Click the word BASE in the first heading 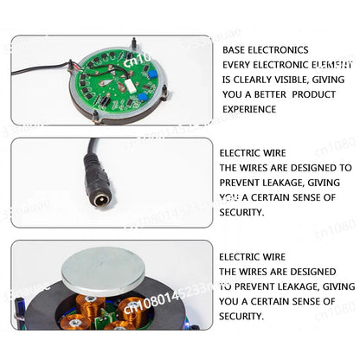[x=234, y=50]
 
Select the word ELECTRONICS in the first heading [x=278, y=50]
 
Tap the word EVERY [x=235, y=65]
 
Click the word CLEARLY [x=253, y=80]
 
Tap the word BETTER [x=267, y=94]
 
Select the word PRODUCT [x=314, y=94]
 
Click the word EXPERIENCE [x=249, y=109]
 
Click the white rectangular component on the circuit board [x=128, y=85]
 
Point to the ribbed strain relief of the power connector [x=93, y=164]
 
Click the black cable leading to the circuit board [x=41, y=69]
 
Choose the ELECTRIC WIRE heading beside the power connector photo [x=253, y=153]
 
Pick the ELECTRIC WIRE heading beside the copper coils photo [x=253, y=257]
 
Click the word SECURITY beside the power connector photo [x=241, y=213]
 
